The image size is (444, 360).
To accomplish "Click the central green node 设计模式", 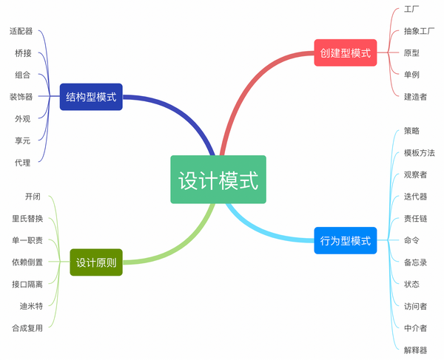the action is [x=218, y=180].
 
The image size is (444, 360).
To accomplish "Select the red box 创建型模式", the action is [x=346, y=52].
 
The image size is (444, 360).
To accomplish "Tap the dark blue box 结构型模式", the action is [x=91, y=97].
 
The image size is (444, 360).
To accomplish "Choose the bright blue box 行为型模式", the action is [x=346, y=240].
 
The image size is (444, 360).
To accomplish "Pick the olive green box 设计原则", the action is [x=96, y=262].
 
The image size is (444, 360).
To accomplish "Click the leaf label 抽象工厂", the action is [x=419, y=31].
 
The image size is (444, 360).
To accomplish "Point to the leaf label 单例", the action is [x=411, y=75].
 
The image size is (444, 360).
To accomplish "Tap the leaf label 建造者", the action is [x=415, y=97].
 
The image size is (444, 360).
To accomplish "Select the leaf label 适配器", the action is [x=21, y=31].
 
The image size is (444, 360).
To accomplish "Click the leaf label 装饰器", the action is [x=21, y=97].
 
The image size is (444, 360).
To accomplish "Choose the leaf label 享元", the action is [x=23, y=140].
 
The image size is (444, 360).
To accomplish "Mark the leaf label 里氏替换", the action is [x=27, y=218].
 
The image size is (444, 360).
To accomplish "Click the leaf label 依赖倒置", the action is [x=27, y=262].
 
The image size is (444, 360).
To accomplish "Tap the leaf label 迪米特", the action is [x=31, y=306].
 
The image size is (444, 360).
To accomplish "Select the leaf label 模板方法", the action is [x=419, y=153].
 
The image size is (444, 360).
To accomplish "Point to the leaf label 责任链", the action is [x=415, y=218].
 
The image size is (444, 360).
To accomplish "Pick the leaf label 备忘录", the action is [x=415, y=262].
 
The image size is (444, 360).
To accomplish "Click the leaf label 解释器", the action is [x=415, y=350].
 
